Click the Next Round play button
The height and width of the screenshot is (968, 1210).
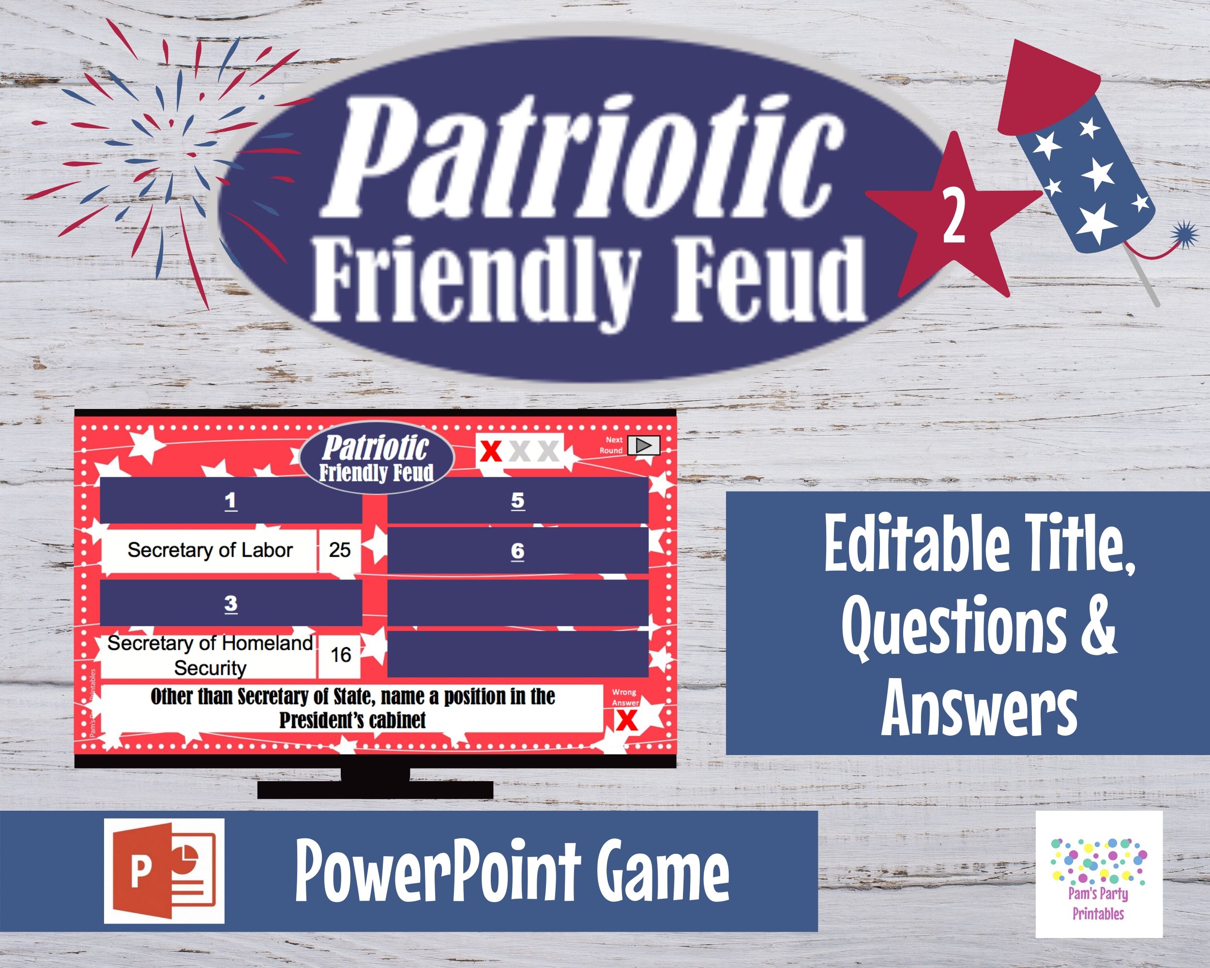[644, 445]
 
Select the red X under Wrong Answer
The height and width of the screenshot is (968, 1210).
[626, 721]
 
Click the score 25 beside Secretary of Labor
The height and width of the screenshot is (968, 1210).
[340, 549]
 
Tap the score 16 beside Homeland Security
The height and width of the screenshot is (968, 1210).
[341, 654]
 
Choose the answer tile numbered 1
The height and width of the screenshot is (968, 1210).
[231, 500]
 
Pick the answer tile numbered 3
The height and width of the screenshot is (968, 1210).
[231, 603]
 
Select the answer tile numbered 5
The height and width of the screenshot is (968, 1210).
[517, 500]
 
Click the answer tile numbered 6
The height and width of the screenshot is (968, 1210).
[517, 551]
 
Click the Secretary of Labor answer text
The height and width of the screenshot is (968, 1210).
[210, 550]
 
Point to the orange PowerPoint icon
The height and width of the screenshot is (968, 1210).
[164, 871]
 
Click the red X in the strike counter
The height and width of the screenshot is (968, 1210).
[491, 451]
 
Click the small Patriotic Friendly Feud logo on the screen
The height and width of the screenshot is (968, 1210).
[377, 458]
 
